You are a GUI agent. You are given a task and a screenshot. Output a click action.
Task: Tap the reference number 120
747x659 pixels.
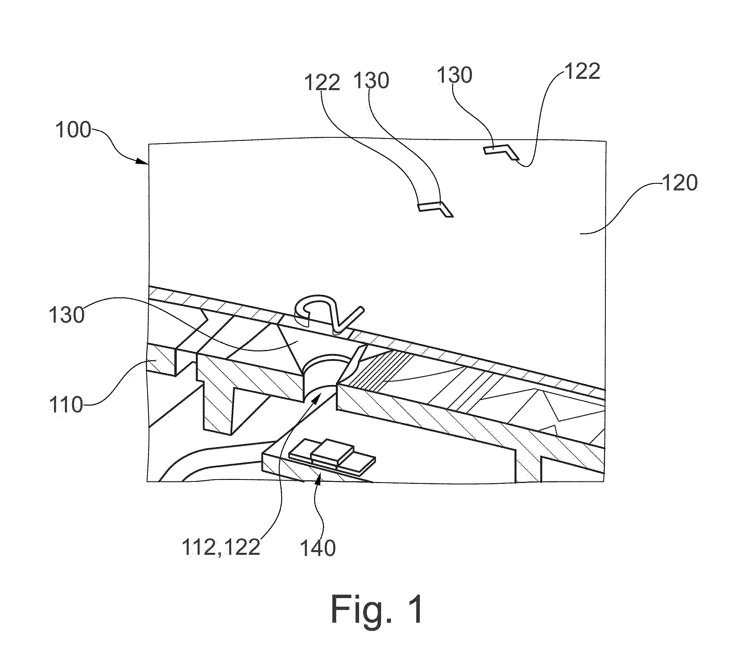click(680, 183)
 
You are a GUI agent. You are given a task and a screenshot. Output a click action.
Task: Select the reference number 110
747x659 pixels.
click(67, 405)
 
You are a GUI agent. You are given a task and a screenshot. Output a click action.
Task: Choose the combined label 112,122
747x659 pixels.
click(221, 548)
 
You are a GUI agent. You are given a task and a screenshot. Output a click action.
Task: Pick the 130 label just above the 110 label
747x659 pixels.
click(67, 314)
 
